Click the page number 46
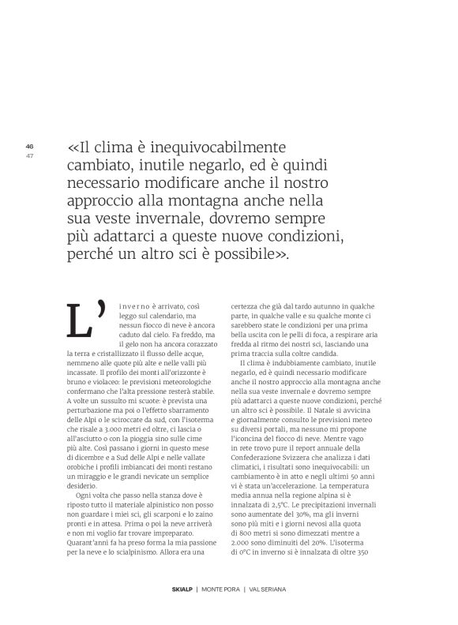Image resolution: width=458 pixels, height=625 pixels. coord(30,146)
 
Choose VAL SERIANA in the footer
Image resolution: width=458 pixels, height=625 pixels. coord(267,589)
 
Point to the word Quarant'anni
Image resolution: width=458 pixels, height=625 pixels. coord(89,543)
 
